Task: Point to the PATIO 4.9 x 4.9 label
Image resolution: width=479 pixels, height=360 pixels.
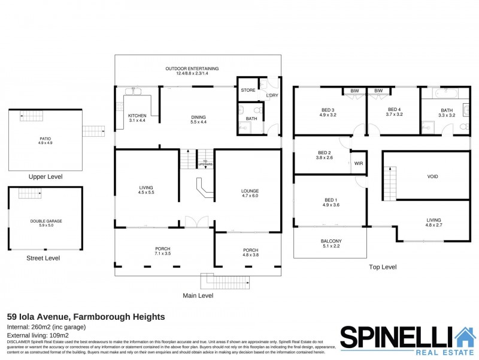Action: [46, 142]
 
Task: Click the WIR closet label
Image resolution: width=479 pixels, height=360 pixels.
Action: [359, 163]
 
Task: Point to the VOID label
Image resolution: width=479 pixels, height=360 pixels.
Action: [432, 177]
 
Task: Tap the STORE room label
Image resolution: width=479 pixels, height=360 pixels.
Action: [248, 91]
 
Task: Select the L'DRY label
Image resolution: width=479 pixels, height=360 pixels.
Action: [272, 95]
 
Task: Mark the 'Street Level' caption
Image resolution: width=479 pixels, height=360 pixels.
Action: [43, 258]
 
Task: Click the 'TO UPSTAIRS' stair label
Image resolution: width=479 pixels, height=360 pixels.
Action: [205, 163]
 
